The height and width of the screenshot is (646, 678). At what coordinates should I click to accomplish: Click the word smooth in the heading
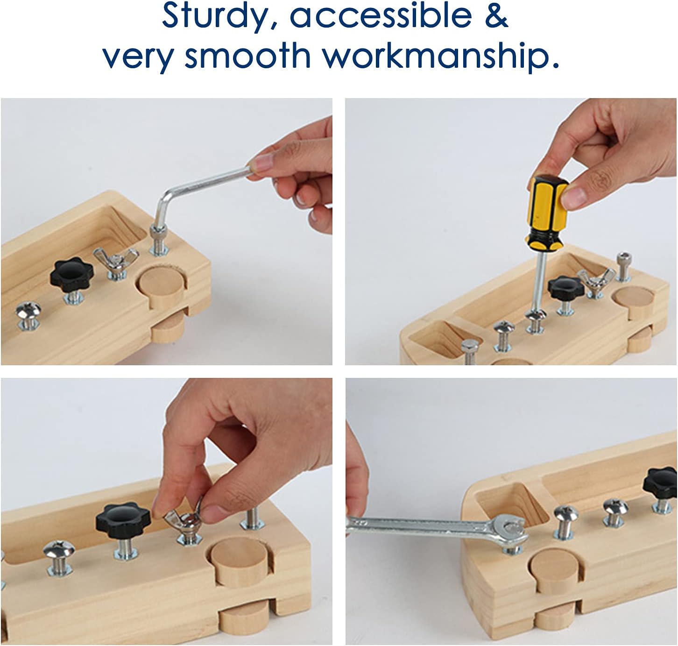pos(247,56)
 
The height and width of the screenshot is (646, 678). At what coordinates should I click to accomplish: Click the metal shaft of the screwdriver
pos(539,280)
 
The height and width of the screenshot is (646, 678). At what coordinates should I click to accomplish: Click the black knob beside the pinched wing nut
pos(123,518)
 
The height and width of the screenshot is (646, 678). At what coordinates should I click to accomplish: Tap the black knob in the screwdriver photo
pos(565,288)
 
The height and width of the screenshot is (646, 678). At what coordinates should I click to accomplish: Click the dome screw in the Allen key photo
pos(28,310)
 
